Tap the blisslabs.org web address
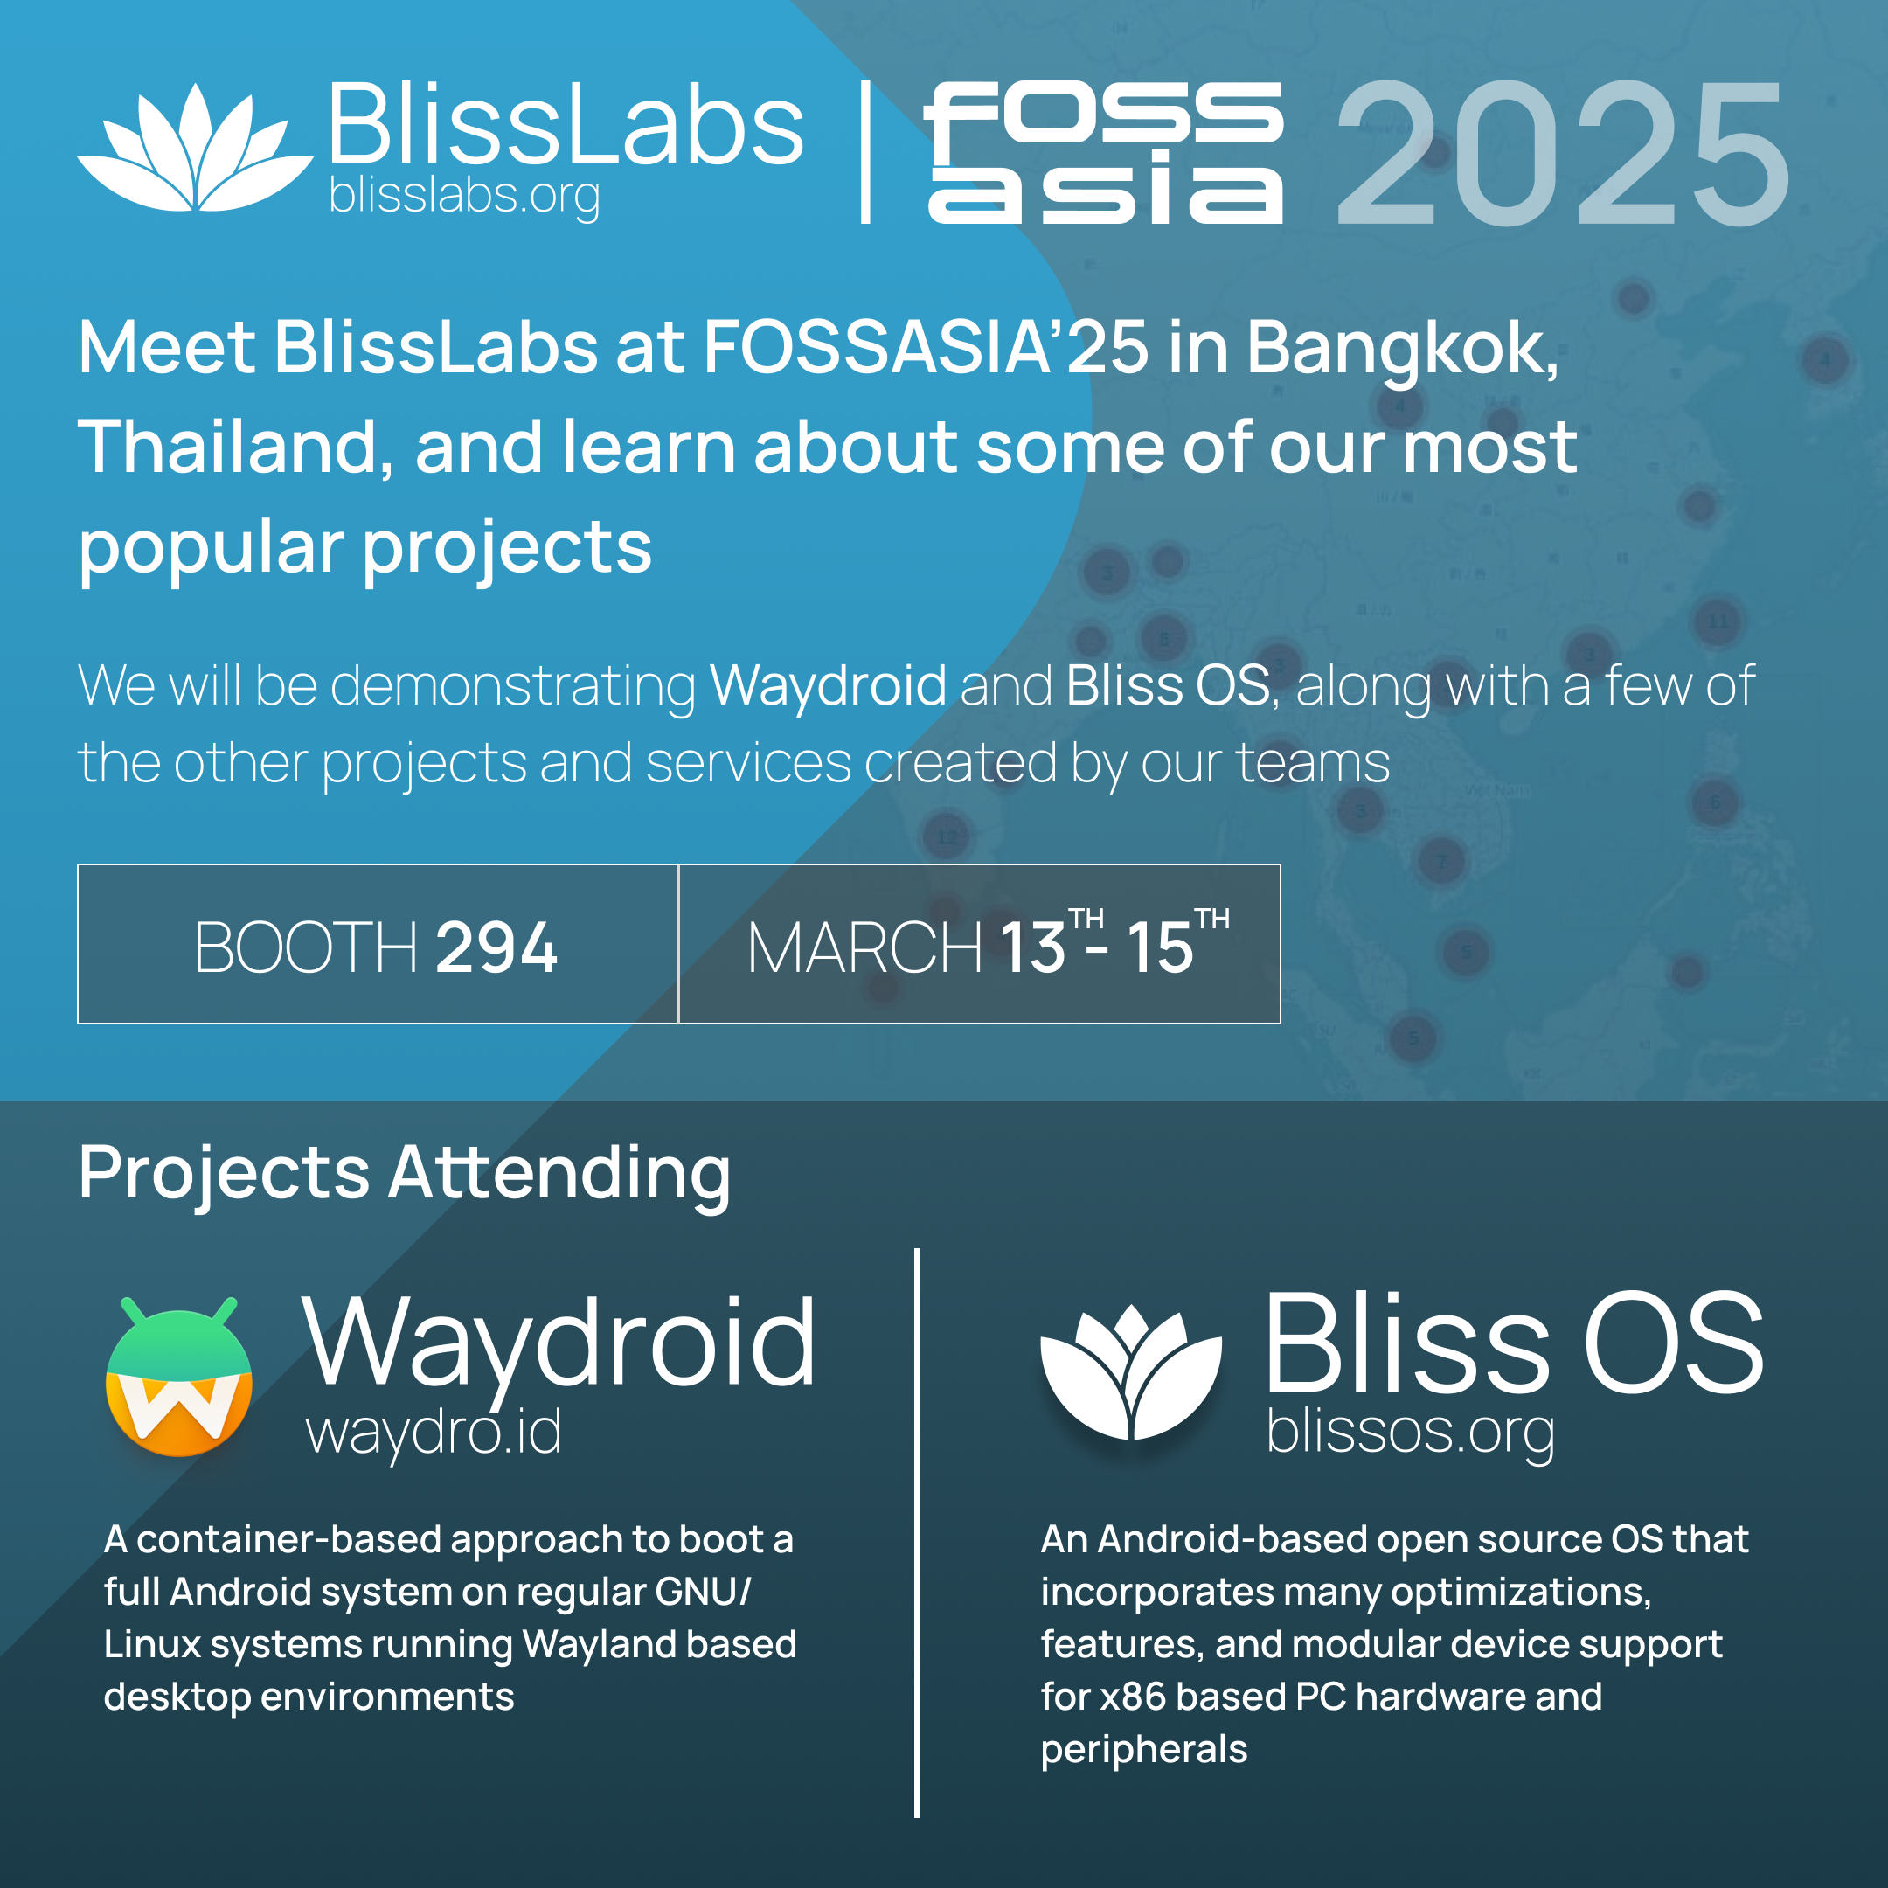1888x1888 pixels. tap(464, 197)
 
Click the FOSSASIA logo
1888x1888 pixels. tap(1104, 152)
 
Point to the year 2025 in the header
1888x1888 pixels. tap(1563, 154)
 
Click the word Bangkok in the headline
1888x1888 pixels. tap(1402, 350)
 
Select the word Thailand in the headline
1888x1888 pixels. tap(235, 447)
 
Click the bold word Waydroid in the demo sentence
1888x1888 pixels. tap(828, 687)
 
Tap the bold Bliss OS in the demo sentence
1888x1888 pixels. tap(1168, 685)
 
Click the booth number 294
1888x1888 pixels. tap(496, 947)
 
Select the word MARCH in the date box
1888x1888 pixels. tap(864, 947)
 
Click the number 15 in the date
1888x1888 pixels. tap(1160, 947)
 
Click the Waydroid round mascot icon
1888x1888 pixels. tap(179, 1377)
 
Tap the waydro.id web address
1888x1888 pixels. tap(434, 1433)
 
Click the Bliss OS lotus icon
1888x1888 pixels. tap(1131, 1372)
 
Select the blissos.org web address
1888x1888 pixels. tap(1410, 1433)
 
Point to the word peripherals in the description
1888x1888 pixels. tap(1143, 1750)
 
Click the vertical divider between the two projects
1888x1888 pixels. tap(917, 1532)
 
